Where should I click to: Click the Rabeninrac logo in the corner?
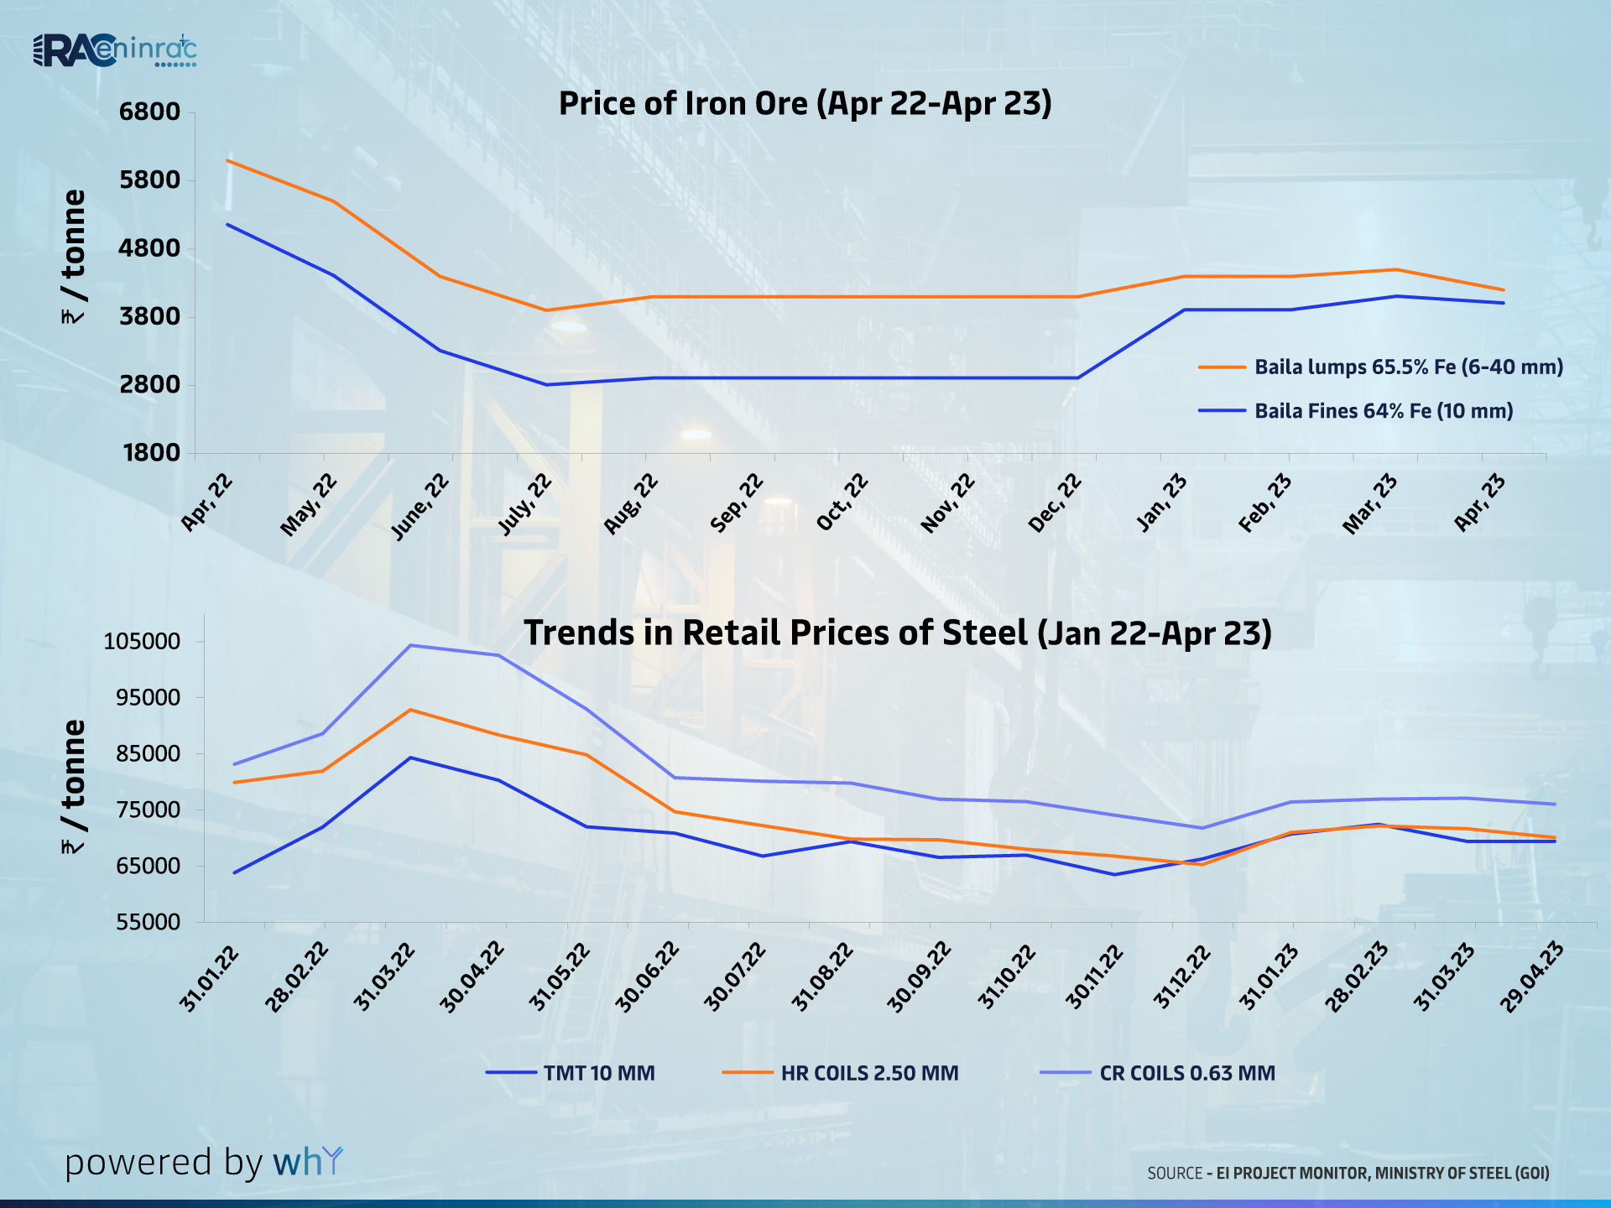click(115, 51)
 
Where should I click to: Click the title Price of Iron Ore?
click(805, 104)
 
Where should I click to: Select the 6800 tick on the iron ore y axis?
click(150, 112)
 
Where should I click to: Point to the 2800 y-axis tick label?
click(150, 384)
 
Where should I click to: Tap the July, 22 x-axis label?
click(526, 503)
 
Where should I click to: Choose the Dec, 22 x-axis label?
click(1056, 503)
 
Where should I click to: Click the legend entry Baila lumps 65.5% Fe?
click(1408, 367)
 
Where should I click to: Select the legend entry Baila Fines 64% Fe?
click(1383, 411)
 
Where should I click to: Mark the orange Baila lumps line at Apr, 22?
click(228, 160)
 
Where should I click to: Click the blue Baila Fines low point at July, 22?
click(546, 384)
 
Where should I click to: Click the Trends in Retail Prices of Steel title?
click(897, 633)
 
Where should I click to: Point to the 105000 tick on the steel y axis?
click(143, 642)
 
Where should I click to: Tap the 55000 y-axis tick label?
click(149, 922)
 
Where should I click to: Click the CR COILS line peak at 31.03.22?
click(410, 645)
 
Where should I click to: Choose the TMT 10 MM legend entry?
click(598, 1073)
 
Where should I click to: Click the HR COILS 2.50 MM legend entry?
click(868, 1073)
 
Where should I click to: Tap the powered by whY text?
click(204, 1163)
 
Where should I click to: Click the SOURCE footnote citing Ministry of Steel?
click(1348, 1173)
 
